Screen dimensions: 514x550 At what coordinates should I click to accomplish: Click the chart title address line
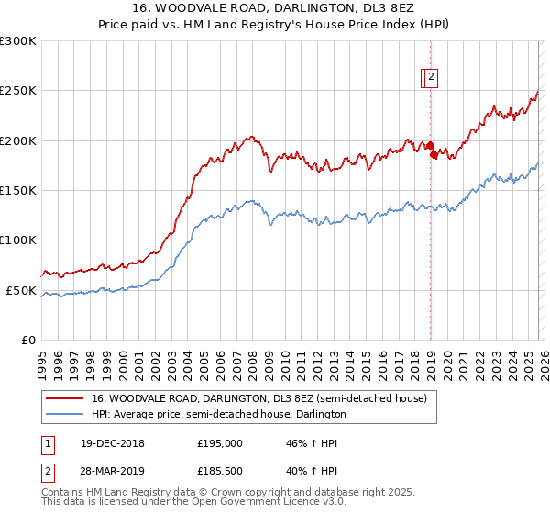point(275,8)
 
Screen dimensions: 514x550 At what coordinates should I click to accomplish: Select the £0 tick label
point(29,340)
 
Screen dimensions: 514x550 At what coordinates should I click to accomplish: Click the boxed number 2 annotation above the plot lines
point(431,78)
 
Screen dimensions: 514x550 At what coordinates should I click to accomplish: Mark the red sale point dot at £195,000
point(429,145)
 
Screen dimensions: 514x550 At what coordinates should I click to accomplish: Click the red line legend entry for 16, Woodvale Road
point(258,399)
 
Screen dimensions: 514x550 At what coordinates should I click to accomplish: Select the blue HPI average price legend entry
point(218,415)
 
